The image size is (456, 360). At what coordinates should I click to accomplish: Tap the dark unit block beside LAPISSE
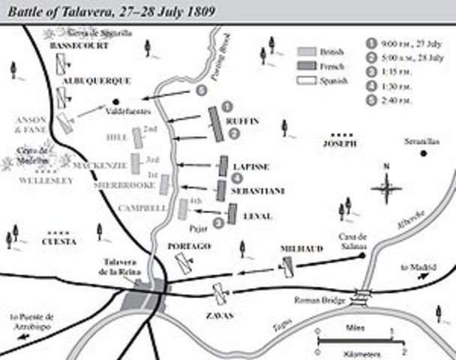[223, 166]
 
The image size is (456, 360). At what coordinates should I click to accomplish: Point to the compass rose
[386, 184]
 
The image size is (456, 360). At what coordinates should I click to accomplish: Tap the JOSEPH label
[338, 143]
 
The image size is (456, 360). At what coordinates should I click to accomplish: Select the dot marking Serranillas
[424, 154]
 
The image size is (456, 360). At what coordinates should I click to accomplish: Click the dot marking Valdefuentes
[115, 100]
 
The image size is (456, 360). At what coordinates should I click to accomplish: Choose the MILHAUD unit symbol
[287, 265]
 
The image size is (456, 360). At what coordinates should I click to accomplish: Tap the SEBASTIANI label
[258, 191]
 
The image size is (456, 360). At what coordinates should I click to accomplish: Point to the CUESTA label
[59, 241]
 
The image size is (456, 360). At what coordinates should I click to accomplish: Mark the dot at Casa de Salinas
[363, 256]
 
